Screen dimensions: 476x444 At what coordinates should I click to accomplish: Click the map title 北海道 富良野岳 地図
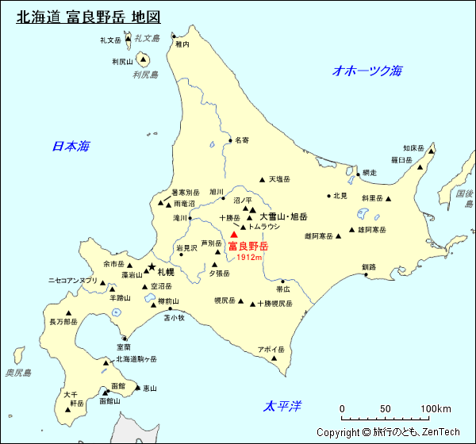(x=88, y=17)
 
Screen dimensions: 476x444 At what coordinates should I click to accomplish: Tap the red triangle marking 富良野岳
(x=234, y=235)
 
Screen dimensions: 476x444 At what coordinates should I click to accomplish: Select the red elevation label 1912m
(x=249, y=258)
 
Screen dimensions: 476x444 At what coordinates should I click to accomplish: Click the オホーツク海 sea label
(x=367, y=71)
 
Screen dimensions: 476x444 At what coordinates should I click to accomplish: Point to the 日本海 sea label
(x=71, y=146)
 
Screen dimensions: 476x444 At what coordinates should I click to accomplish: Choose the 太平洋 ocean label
(x=283, y=407)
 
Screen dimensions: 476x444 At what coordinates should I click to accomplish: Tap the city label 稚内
(x=182, y=45)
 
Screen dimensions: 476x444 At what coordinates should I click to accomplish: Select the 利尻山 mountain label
(x=122, y=61)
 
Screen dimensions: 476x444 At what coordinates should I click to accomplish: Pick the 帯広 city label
(x=283, y=289)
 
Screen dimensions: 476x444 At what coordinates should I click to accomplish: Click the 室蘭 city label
(x=123, y=346)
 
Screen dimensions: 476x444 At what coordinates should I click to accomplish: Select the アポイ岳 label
(x=271, y=350)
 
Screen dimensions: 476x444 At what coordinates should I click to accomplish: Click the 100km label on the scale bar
(x=436, y=409)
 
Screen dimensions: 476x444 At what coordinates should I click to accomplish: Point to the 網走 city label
(x=369, y=173)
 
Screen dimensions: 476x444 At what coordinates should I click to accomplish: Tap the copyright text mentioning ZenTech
(x=388, y=432)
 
